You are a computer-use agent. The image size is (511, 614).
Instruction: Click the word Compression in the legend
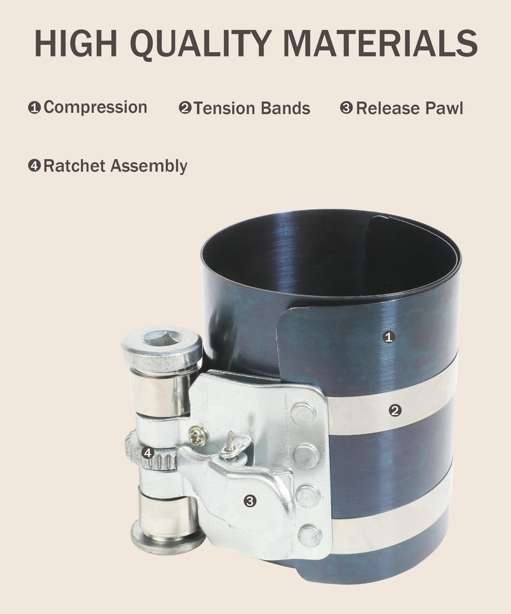point(95,107)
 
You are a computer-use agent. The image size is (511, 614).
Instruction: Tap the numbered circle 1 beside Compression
point(34,108)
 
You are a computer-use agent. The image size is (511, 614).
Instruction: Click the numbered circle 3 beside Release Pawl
point(347,109)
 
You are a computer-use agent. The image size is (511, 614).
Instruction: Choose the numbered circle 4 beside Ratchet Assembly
point(34,166)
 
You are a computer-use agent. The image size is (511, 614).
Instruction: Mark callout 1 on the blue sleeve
point(388,336)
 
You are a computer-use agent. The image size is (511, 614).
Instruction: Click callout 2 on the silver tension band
point(396,410)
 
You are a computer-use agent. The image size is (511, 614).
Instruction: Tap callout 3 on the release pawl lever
point(250,501)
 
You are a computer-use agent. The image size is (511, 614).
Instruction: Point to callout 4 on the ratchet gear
point(147,453)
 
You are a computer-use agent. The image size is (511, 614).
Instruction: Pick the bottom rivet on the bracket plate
point(309,533)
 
